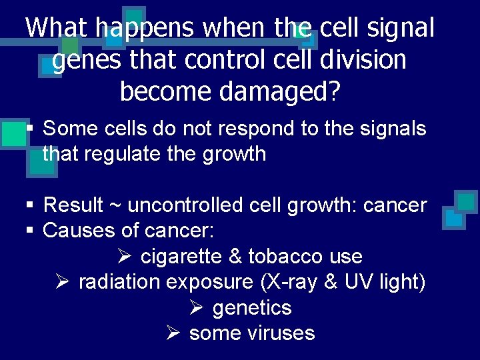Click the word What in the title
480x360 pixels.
point(58,28)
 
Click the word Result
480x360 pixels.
point(73,205)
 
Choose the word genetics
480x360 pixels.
point(252,308)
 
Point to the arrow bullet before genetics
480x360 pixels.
point(195,308)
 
